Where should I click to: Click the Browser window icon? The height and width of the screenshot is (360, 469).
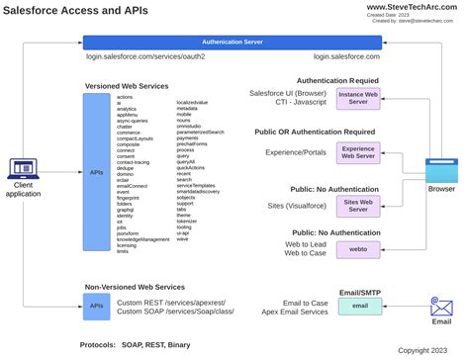(x=441, y=169)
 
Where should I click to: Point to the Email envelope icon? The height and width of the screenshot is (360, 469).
(x=441, y=307)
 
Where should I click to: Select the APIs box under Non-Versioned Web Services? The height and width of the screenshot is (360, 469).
(x=96, y=307)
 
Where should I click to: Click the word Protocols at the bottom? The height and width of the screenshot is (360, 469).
(x=100, y=345)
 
